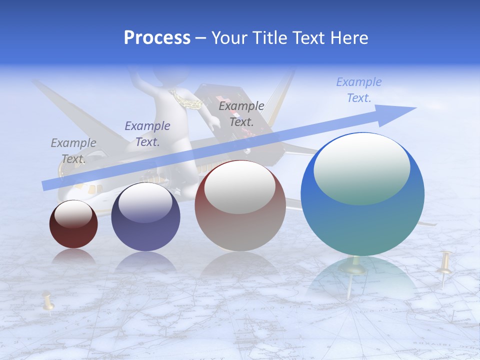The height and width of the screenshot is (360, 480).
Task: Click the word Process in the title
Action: click(157, 37)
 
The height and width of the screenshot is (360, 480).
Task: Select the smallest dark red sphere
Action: click(73, 224)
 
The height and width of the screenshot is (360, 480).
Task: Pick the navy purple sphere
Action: click(145, 216)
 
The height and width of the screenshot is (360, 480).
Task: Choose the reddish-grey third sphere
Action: click(240, 205)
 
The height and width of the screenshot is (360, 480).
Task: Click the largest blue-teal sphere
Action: click(362, 194)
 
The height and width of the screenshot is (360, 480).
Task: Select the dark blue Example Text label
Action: click(147, 133)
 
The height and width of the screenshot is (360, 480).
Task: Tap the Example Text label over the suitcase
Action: click(241, 113)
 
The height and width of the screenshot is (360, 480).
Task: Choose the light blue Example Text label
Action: click(359, 89)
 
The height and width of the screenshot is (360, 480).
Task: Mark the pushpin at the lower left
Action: click(48, 302)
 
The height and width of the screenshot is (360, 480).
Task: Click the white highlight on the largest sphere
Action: click(361, 169)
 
